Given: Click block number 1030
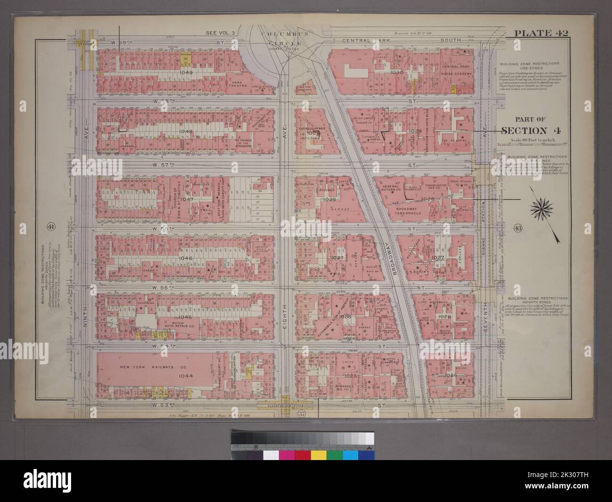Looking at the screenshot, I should coord(397,73).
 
